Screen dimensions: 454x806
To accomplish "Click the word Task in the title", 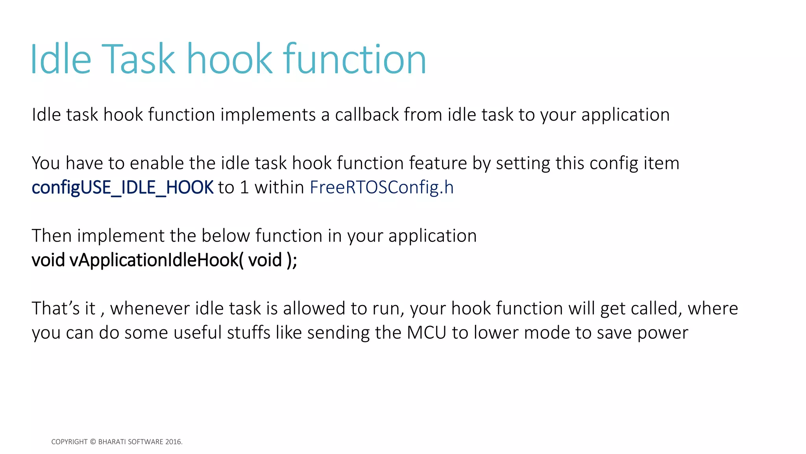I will (138, 59).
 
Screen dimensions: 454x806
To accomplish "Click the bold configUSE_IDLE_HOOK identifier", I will (122, 188).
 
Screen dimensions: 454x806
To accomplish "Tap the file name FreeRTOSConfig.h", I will (381, 188).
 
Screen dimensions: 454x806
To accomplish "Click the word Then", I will (52, 236).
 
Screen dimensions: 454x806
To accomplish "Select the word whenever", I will (150, 309).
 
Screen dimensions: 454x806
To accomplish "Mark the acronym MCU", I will (426, 333).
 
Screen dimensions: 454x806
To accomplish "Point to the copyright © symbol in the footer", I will (93, 442).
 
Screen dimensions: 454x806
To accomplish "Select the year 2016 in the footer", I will (173, 442).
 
